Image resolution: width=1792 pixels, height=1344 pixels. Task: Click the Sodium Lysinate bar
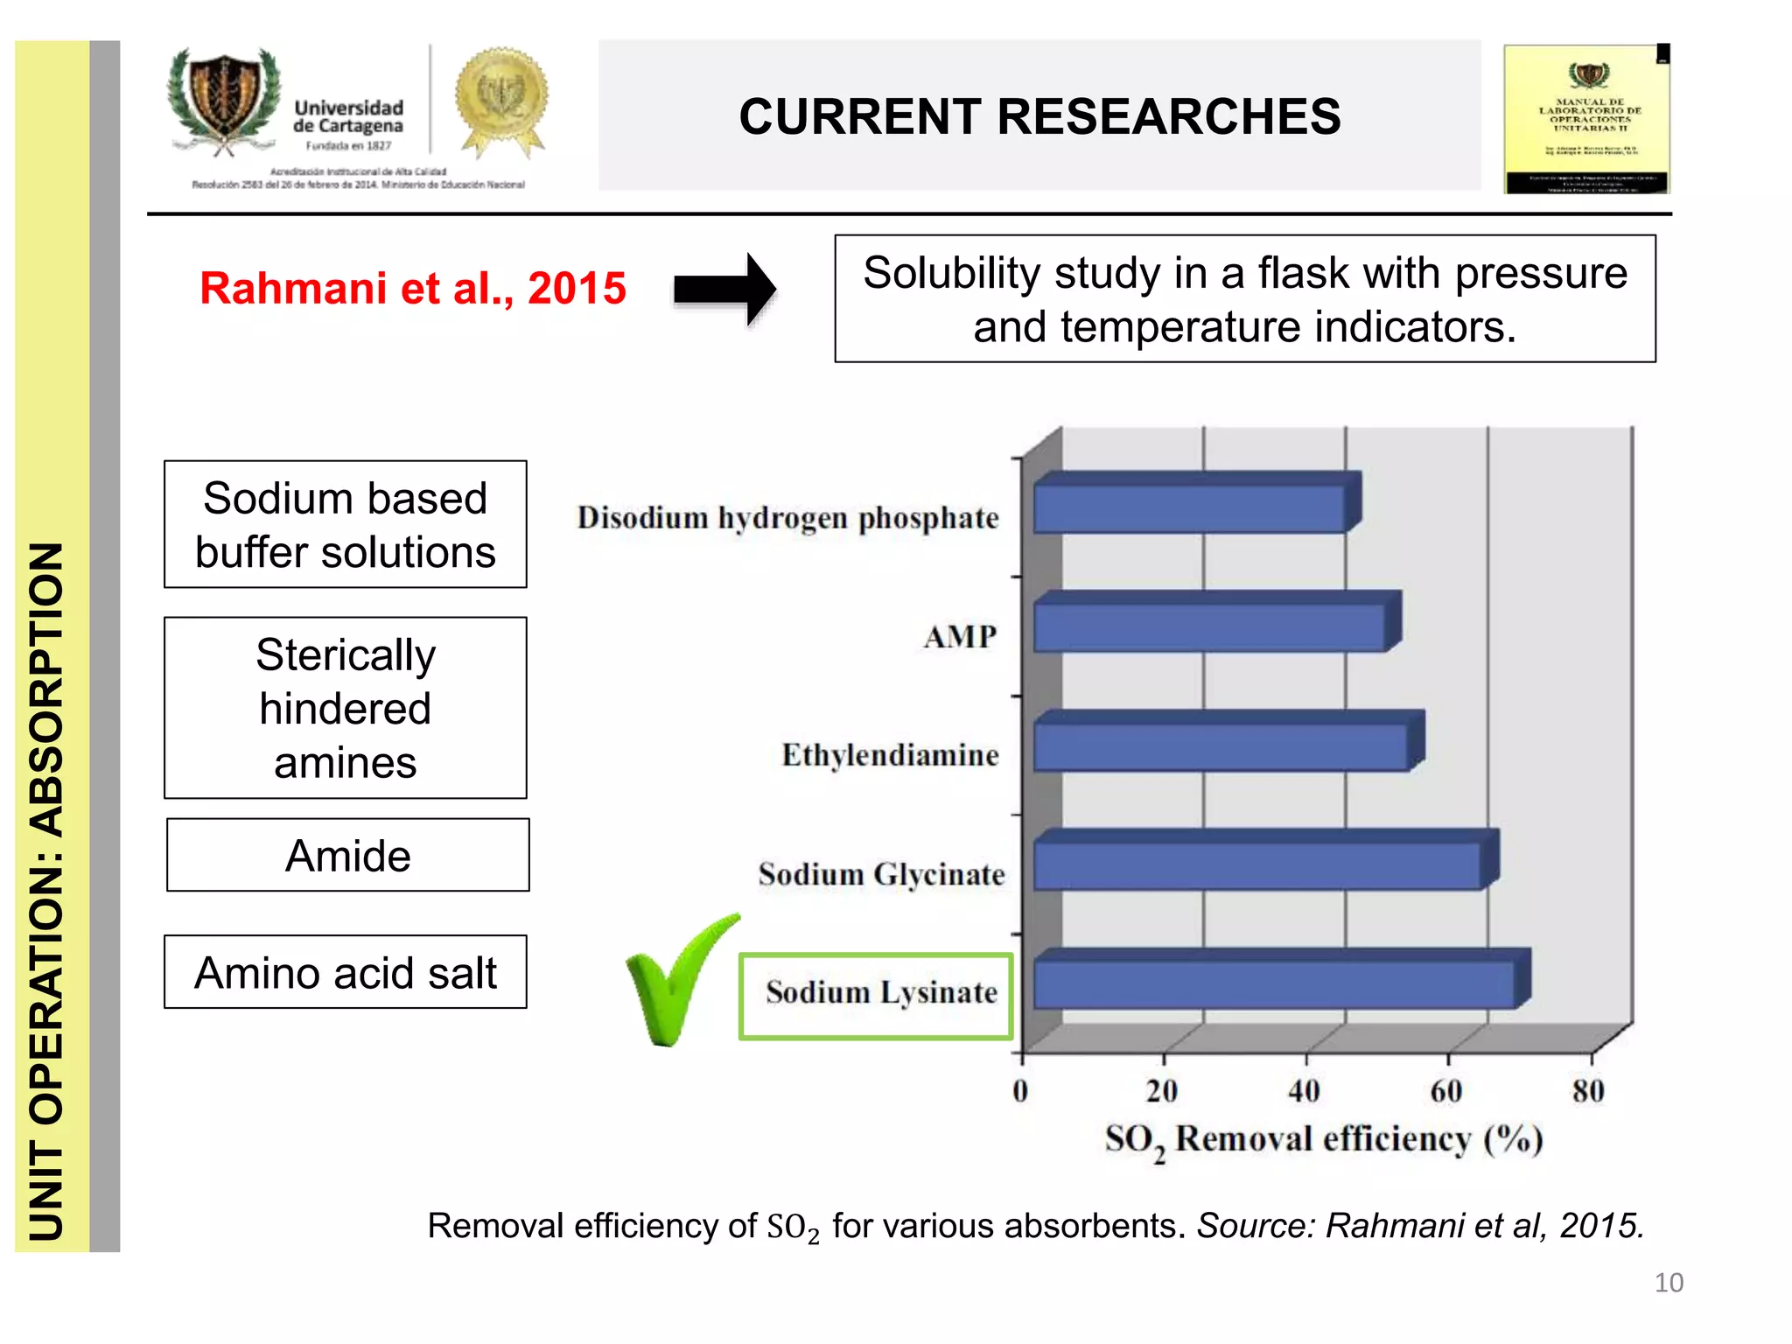point(1277,982)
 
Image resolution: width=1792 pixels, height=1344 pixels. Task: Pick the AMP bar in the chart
point(1213,625)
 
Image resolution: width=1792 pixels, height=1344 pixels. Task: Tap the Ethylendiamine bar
point(1223,744)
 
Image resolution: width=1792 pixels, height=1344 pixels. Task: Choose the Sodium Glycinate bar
point(1260,863)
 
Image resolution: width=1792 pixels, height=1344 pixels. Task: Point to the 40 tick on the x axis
point(1305,1090)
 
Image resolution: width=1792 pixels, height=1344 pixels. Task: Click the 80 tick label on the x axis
point(1588,1090)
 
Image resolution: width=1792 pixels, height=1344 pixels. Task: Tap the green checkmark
point(677,980)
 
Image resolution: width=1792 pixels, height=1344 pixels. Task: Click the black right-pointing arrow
point(724,289)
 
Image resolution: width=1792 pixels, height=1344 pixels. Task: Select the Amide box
point(347,855)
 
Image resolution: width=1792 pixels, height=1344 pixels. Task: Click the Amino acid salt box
point(346,972)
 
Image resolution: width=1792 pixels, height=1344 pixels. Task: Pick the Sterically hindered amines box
point(346,708)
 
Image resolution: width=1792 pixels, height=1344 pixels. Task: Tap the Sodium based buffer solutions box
point(346,524)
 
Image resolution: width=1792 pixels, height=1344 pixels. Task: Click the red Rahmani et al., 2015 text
point(413,288)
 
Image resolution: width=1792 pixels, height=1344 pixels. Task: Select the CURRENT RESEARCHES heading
point(1039,115)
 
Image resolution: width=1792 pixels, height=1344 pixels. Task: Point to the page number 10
point(1669,1283)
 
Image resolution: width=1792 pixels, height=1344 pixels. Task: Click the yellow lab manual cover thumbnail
point(1586,119)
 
